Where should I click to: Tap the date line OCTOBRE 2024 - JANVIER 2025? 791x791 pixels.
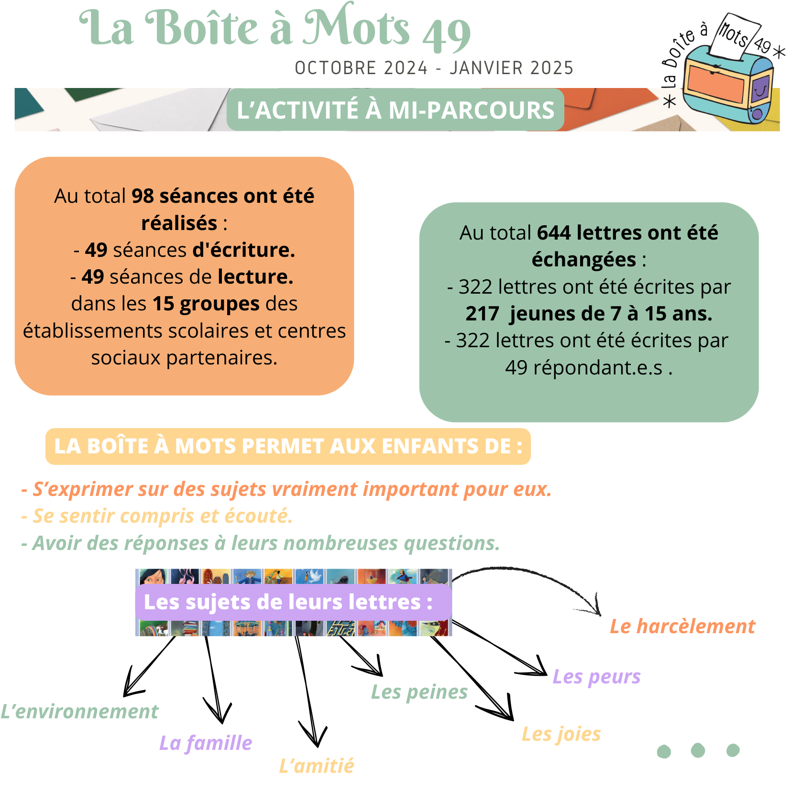(434, 68)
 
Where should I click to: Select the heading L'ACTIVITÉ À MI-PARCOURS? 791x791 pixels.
(395, 110)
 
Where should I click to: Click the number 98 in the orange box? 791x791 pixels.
(143, 196)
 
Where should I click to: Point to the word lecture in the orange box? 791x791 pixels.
(255, 277)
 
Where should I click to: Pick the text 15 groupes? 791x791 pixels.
(206, 304)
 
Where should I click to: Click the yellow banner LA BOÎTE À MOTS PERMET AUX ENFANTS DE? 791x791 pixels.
(288, 446)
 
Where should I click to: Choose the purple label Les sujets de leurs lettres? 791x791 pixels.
(288, 602)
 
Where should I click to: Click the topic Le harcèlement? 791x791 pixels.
(682, 626)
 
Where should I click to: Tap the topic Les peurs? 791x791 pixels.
(596, 677)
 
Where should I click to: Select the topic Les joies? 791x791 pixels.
(560, 734)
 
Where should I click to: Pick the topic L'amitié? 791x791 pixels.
(317, 766)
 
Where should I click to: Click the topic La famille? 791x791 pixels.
(206, 743)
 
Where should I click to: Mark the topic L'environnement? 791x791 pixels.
(79, 712)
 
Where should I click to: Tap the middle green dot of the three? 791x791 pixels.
(698, 750)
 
